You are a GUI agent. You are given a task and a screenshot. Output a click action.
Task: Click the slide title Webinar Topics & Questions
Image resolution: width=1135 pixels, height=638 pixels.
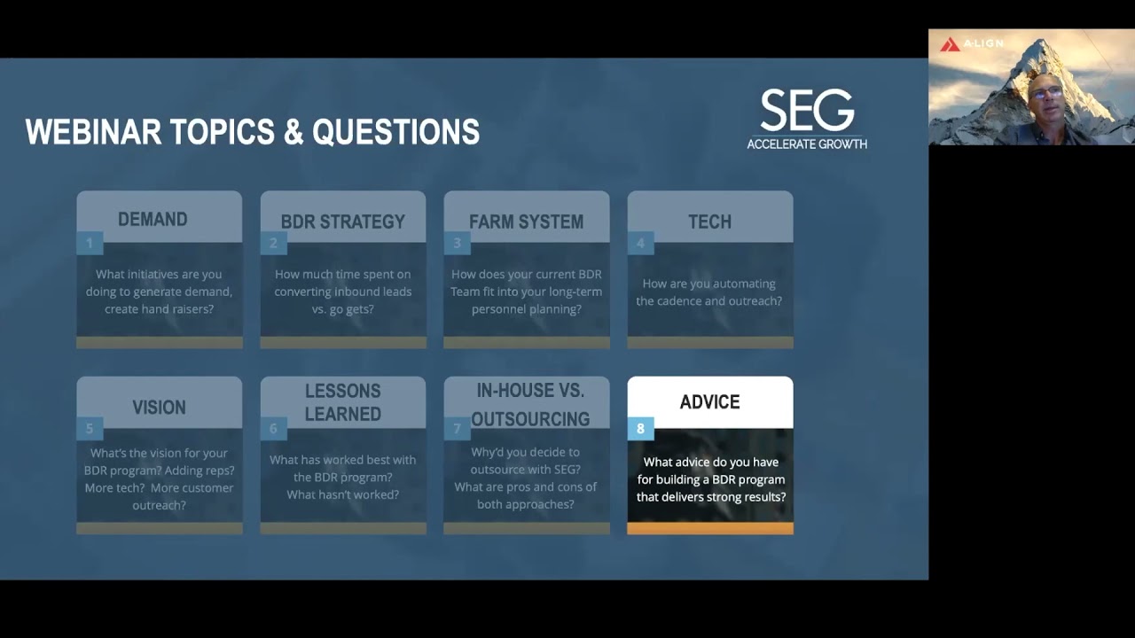(253, 133)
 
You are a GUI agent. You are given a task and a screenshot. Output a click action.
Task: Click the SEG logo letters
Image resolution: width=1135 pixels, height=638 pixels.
(807, 111)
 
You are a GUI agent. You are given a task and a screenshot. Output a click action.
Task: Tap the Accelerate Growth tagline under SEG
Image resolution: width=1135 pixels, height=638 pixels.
(807, 144)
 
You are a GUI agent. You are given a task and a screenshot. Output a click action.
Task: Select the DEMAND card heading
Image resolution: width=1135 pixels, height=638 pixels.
(153, 219)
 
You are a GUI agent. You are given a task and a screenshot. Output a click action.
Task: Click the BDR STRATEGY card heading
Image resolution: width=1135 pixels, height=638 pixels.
(342, 222)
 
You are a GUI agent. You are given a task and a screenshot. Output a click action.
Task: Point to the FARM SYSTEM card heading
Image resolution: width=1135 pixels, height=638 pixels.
(526, 222)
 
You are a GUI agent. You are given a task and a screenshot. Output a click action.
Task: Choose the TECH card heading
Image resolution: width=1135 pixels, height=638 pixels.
(709, 222)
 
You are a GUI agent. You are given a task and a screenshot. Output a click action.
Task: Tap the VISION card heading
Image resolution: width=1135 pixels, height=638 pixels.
(159, 408)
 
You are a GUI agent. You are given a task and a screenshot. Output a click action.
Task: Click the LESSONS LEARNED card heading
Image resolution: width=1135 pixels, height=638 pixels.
(342, 402)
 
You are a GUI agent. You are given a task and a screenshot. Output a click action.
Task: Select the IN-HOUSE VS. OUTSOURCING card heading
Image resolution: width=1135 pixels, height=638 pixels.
(529, 404)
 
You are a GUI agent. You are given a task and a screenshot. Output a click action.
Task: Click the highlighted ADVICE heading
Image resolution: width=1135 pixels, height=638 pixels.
(709, 402)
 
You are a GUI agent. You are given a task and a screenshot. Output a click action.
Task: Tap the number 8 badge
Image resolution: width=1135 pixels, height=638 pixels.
(640, 429)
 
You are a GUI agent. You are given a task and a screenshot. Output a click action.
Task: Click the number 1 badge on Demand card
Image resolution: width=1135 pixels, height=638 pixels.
(90, 243)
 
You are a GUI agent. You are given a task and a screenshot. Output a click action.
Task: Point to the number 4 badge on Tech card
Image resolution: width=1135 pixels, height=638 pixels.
(640, 243)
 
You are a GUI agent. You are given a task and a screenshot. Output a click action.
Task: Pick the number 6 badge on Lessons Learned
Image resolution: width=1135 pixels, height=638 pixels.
(273, 429)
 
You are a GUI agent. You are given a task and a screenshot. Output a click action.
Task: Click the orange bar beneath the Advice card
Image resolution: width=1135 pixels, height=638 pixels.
(709, 528)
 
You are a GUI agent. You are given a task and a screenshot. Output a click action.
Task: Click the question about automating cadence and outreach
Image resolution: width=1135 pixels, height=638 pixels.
(708, 292)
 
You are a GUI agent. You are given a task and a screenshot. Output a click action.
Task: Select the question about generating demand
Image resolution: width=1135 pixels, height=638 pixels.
(159, 292)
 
